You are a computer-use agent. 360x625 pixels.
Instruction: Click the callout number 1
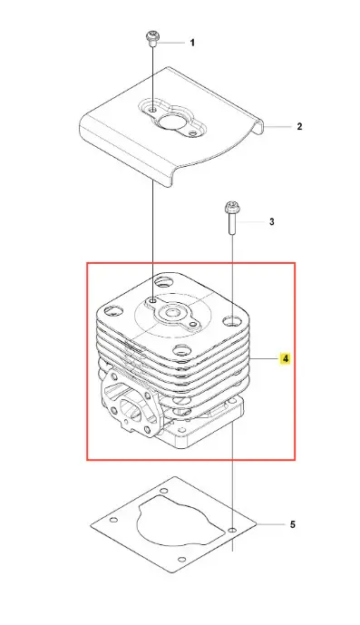[192, 43]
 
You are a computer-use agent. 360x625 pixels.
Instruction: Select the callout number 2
[299, 126]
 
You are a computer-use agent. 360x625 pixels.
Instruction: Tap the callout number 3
[272, 221]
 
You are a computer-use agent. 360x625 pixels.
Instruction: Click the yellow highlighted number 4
[285, 358]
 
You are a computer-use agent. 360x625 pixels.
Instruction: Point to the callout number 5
[292, 524]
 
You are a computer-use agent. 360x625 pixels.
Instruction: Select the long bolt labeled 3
[232, 219]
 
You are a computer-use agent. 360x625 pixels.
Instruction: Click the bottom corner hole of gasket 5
[182, 559]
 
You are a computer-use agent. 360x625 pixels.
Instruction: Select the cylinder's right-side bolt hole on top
[232, 320]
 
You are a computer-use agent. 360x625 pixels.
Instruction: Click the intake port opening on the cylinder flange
[130, 409]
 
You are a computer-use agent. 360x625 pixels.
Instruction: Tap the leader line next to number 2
[278, 127]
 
